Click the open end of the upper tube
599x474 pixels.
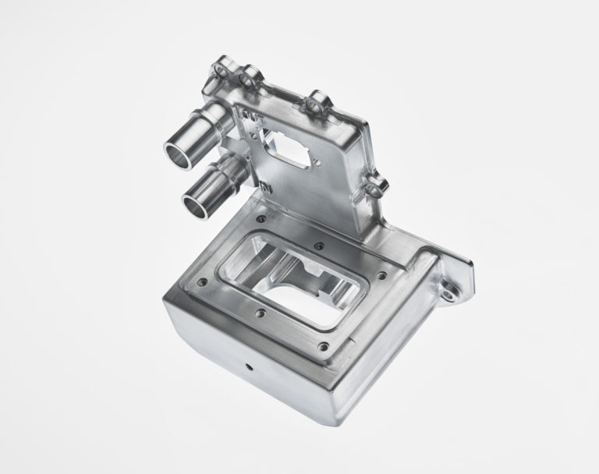[176, 154]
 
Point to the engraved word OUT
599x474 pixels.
[252, 121]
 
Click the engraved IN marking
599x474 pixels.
[266, 188]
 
